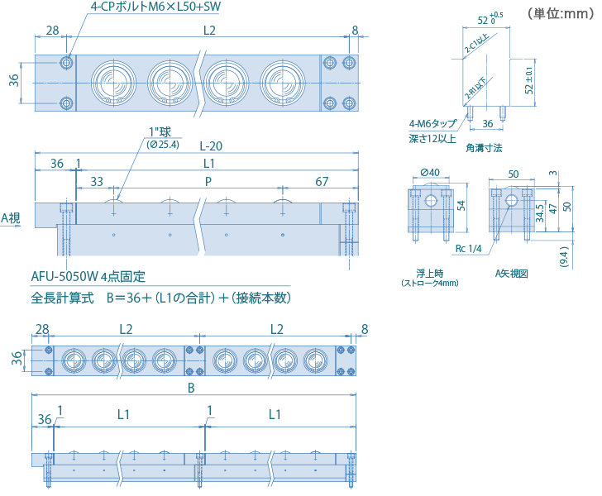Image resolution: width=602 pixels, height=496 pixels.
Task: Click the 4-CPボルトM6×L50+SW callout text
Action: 153,11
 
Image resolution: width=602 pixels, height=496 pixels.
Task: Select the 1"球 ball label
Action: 158,132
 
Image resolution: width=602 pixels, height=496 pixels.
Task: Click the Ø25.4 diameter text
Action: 162,145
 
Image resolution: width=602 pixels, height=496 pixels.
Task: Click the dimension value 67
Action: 322,181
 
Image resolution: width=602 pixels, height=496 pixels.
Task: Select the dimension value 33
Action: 97,181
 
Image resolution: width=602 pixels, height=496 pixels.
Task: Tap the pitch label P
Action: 208,181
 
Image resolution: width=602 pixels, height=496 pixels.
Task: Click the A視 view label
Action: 11,218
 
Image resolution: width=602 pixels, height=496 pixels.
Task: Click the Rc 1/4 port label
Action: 468,247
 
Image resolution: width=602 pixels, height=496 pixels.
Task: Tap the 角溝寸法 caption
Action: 484,147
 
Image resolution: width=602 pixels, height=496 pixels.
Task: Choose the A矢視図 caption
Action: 511,272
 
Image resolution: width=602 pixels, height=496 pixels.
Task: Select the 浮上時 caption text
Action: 429,272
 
